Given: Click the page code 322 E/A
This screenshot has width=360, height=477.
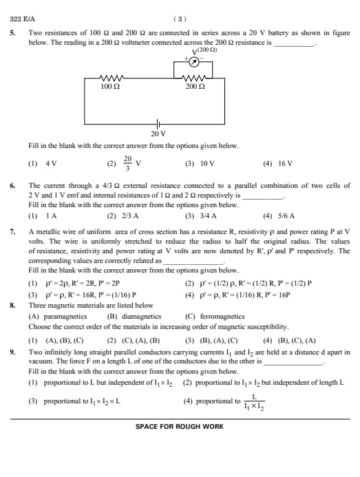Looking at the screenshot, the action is pos(23,19).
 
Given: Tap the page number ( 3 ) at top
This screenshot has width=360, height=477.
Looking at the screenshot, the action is pos(180,19).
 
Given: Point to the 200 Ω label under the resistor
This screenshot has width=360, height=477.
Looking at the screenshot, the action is pos(195,87).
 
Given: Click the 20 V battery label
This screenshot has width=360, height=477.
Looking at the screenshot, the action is pos(158,133).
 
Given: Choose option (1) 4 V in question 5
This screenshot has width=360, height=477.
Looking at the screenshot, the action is pos(42,164).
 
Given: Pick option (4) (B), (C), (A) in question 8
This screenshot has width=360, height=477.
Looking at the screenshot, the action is pos(290,340).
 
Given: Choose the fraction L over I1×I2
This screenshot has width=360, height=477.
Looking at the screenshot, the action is pos(253,401).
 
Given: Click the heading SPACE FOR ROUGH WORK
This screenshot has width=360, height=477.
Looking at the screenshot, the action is pos(179,427).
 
